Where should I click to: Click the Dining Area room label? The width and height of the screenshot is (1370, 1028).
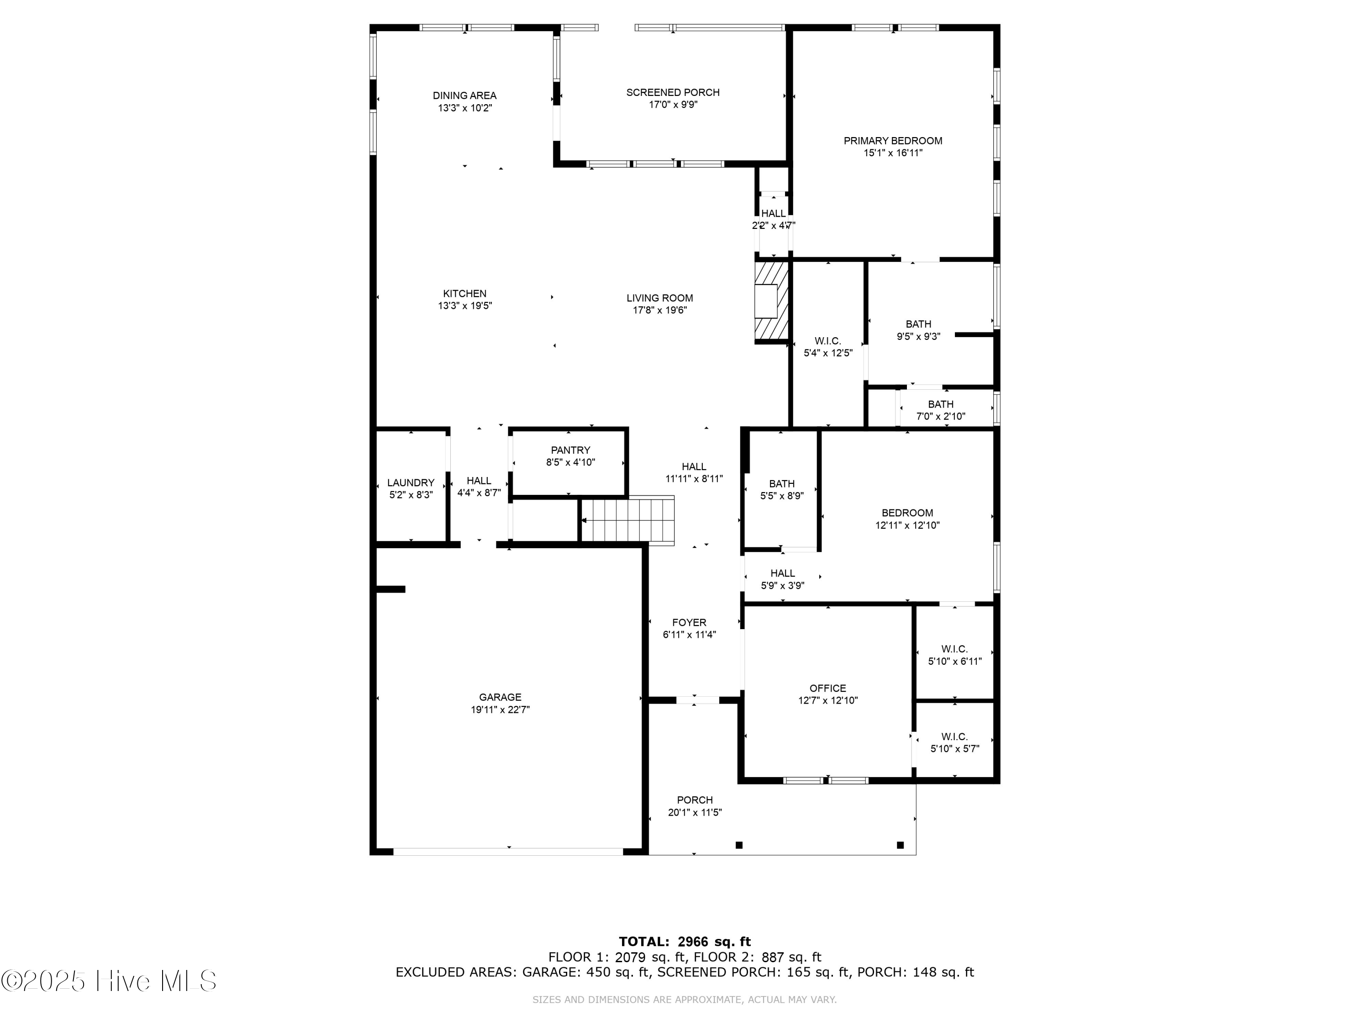(464, 95)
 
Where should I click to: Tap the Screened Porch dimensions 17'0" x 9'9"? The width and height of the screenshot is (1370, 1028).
(673, 105)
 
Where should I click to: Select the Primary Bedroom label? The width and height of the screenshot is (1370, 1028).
(893, 141)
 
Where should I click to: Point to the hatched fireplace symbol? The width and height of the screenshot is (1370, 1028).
(771, 302)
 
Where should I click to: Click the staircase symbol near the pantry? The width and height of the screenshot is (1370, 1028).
(627, 520)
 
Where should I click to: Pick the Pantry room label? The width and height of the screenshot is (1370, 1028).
(570, 450)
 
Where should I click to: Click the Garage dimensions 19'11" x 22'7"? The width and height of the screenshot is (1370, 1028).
(501, 710)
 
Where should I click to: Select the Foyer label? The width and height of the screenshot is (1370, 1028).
(689, 622)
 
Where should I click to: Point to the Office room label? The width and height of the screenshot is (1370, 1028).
(828, 688)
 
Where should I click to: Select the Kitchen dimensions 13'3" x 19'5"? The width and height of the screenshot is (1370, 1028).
(465, 306)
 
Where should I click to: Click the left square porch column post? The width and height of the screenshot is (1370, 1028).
(739, 845)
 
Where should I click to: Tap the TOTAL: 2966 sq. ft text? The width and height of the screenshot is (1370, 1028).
(685, 942)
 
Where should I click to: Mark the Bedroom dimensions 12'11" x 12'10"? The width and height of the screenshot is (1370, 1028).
(907, 525)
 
